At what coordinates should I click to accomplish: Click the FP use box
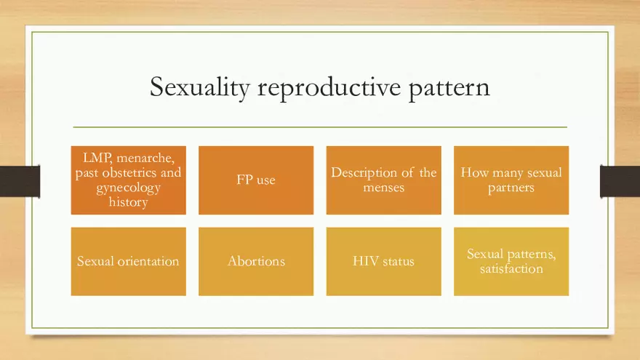click(x=256, y=180)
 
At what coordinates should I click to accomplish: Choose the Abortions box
click(x=256, y=261)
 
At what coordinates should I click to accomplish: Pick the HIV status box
click(x=383, y=261)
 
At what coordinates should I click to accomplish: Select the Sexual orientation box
click(x=128, y=261)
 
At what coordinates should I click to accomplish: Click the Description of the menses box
click(x=383, y=180)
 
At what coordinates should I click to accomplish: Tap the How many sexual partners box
click(x=511, y=180)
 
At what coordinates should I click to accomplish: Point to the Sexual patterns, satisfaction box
click(x=511, y=261)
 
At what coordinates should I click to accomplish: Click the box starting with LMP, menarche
click(x=128, y=180)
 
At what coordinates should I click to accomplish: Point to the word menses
click(x=383, y=188)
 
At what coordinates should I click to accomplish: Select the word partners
click(x=511, y=188)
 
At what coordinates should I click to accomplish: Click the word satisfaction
click(x=511, y=269)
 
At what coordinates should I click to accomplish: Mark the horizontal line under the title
click(x=319, y=127)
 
